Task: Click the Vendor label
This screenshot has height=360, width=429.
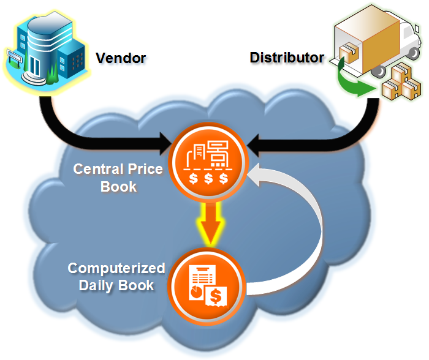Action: pyautogui.click(x=121, y=58)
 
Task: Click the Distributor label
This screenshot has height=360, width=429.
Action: pyautogui.click(x=287, y=58)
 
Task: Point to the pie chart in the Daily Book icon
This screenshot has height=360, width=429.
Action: pyautogui.click(x=196, y=292)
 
